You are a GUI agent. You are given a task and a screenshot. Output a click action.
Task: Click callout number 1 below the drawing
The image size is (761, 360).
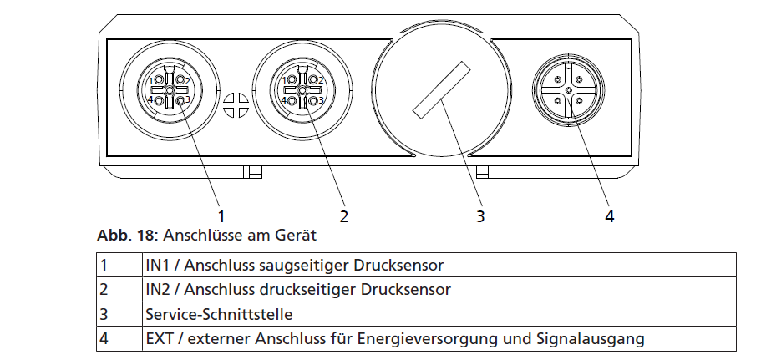pos(221,215)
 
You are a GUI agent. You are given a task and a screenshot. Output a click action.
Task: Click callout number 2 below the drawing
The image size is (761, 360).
pos(343,215)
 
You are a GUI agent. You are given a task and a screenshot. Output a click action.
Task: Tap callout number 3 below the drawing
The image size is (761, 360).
pos(480,215)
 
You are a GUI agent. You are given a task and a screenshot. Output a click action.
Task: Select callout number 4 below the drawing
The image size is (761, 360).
pos(610,215)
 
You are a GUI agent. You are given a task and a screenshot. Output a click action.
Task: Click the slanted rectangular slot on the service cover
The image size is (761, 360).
pos(442,89)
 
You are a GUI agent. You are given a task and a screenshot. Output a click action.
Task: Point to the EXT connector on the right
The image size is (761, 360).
pos(568,89)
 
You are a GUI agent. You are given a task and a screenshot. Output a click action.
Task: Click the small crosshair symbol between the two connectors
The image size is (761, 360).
pos(236,105)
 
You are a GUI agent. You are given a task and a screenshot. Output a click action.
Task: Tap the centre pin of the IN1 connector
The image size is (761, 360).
pos(170,90)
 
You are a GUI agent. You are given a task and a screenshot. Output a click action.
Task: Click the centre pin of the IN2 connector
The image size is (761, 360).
pos(302,90)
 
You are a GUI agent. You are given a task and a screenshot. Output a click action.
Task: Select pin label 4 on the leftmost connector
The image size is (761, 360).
pos(150,100)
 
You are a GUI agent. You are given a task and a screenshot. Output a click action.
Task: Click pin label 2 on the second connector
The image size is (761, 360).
pos(320,80)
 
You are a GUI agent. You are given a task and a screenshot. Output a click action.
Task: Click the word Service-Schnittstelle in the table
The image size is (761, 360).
pos(219,314)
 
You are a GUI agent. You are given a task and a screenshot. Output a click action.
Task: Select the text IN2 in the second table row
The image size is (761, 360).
pos(156,290)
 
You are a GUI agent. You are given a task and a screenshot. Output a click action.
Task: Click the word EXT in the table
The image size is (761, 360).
pos(160,338)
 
